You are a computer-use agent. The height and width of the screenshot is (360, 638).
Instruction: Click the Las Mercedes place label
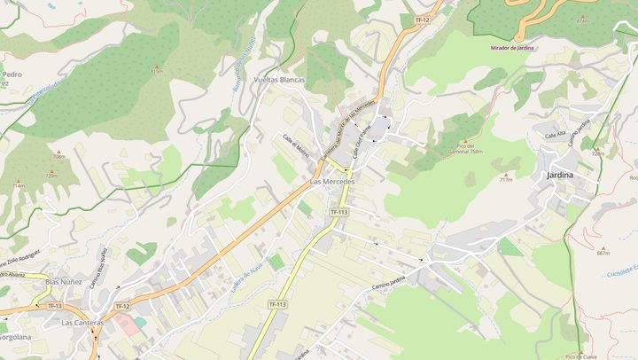point(332,182)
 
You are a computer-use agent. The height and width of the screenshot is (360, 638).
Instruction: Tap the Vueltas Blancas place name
point(279,79)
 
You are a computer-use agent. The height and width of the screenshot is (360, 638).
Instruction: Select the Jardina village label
point(560,175)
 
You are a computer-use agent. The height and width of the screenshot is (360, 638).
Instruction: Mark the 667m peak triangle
point(603,247)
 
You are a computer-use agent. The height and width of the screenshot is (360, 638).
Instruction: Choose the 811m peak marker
point(157,67)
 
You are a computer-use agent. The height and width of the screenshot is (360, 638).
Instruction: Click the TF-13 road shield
point(55,306)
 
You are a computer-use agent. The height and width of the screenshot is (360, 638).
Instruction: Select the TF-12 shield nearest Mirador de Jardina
point(422,20)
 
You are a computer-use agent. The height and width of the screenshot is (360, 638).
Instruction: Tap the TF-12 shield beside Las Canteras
point(121,307)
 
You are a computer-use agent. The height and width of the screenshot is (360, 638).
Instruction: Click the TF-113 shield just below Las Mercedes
point(338,212)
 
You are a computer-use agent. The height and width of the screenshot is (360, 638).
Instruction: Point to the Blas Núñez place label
point(64,282)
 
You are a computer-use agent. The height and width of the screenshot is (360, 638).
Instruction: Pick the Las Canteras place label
point(82,323)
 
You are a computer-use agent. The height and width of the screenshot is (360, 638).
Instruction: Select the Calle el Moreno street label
point(296,144)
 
